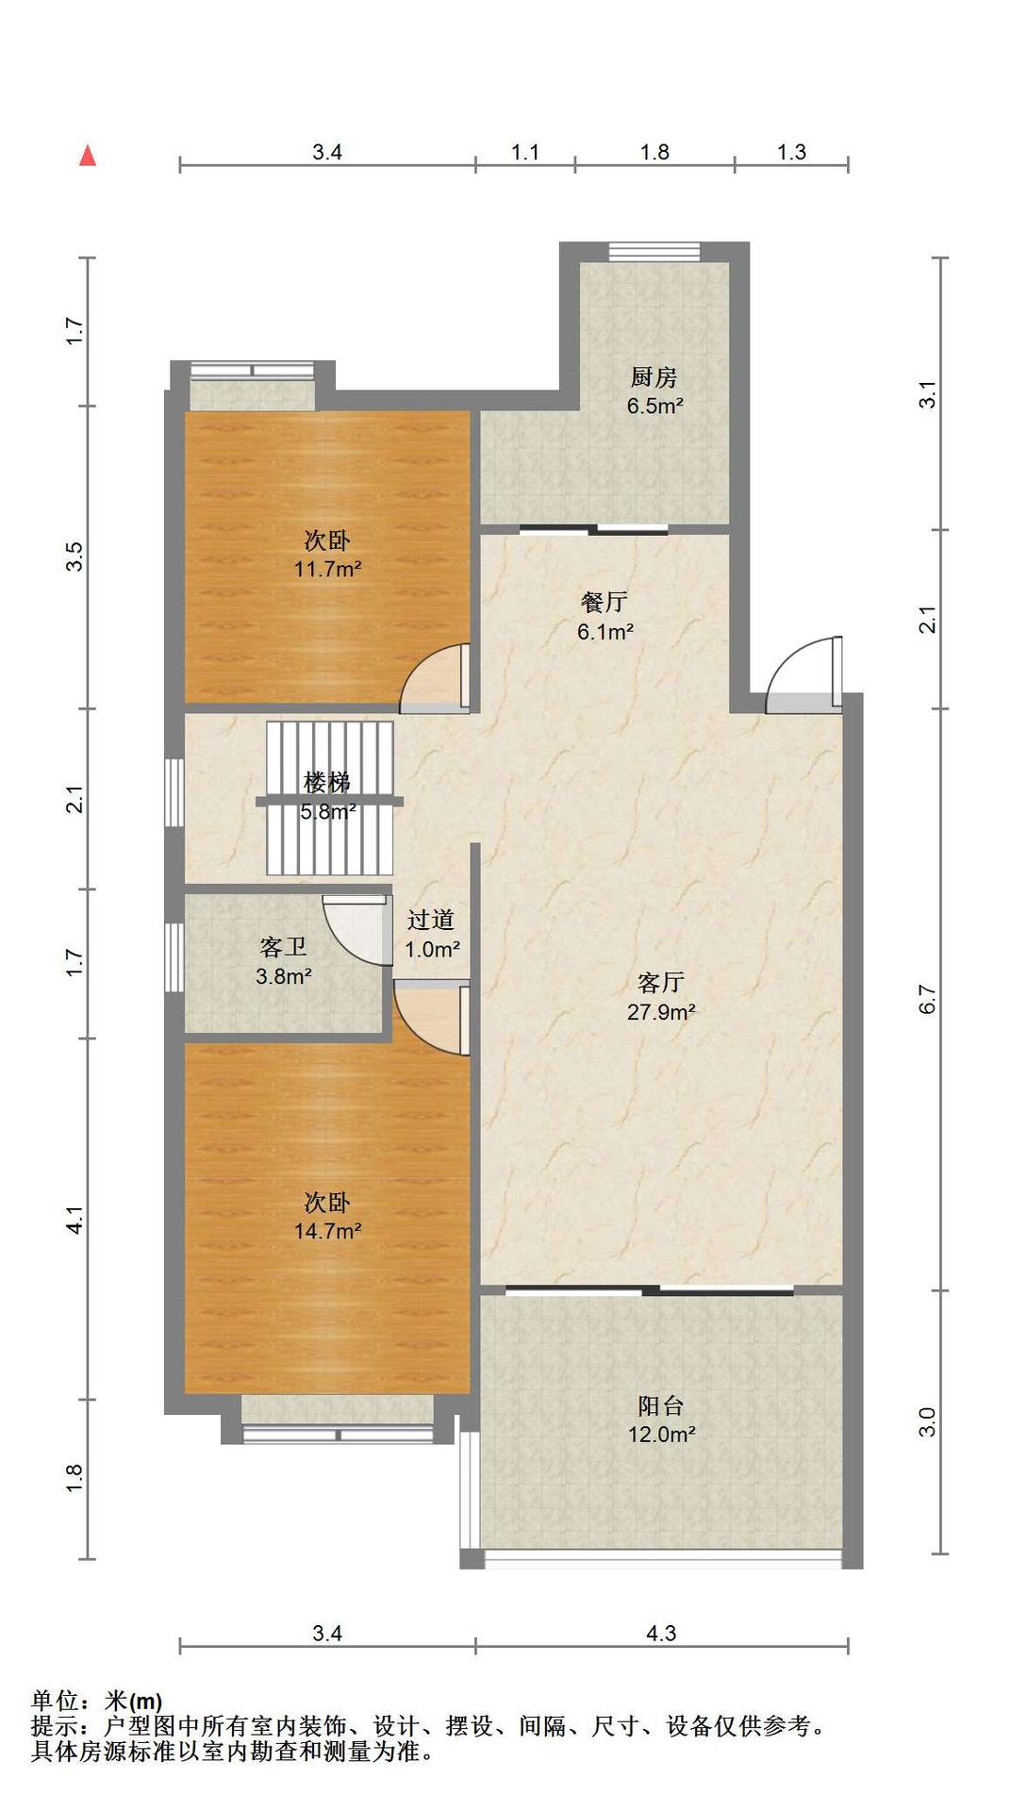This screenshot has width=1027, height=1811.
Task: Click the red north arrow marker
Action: [88, 156]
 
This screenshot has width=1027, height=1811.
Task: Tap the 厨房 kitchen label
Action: [654, 377]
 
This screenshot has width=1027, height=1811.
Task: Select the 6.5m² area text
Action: [654, 407]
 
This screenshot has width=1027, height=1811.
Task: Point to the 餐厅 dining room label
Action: [605, 602]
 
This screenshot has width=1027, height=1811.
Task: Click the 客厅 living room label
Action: [660, 983]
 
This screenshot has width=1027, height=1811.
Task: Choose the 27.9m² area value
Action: [661, 1012]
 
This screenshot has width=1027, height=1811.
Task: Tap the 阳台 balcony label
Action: [660, 1405]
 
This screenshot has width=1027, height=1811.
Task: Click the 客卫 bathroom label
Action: [283, 947]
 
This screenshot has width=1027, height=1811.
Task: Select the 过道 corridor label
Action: [431, 920]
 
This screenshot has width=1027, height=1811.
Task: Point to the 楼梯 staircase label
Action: [327, 782]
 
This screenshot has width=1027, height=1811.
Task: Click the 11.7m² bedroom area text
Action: [327, 570]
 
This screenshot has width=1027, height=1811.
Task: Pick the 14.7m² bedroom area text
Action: [327, 1231]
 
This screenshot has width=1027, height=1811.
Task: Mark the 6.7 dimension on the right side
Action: [928, 999]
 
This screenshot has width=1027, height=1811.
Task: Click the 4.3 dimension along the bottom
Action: [661, 1633]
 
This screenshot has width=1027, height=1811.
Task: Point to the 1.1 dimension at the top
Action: [525, 152]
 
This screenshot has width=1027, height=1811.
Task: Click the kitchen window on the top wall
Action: [654, 251]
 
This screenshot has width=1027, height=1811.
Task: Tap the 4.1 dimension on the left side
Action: [75, 1219]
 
